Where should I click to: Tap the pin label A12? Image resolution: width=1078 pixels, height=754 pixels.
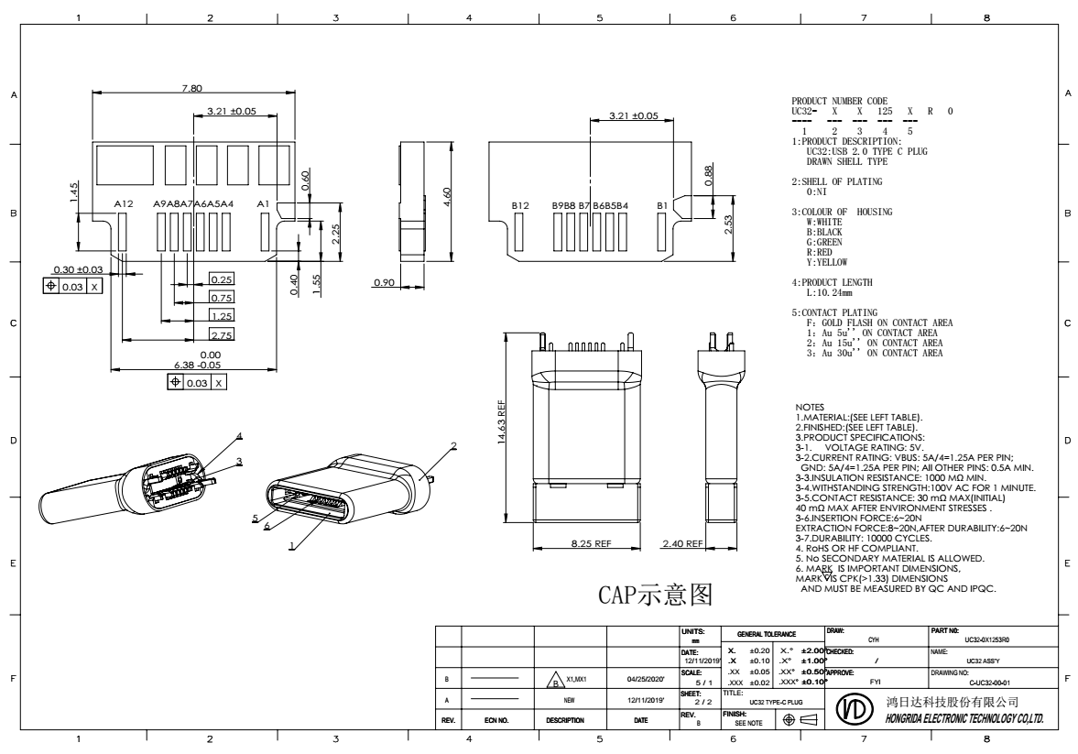click(124, 203)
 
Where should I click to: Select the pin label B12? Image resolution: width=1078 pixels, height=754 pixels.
click(519, 206)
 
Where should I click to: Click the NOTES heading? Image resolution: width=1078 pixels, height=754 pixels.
click(811, 407)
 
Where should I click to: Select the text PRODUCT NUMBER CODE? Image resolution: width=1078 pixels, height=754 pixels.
click(840, 101)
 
